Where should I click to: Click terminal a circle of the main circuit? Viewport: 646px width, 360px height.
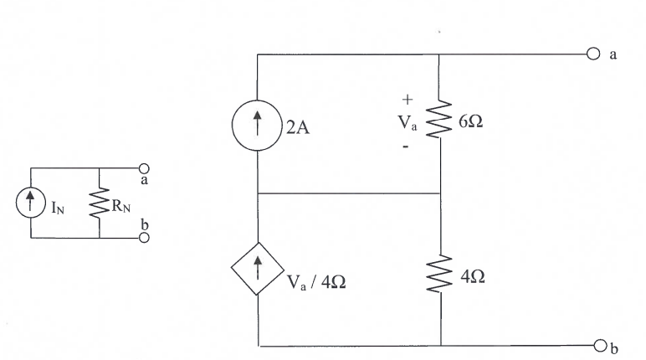pyautogui.click(x=593, y=54)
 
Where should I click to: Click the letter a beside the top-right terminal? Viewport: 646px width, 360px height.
pyautogui.click(x=614, y=54)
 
